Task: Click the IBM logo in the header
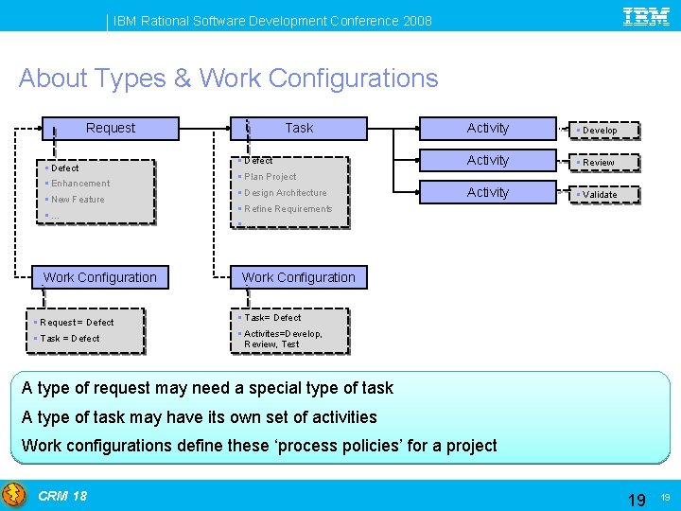coord(646,16)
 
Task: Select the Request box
coord(110,128)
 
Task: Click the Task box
coord(299,128)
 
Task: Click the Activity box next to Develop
coord(488,128)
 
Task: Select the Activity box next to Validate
coord(488,192)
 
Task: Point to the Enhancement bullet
coord(79,184)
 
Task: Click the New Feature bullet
coord(77,200)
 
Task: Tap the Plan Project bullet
coord(270,177)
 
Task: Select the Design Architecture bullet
coord(284,193)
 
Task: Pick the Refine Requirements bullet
coord(287,209)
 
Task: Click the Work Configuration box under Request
coord(99,277)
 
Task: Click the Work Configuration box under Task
coord(299,277)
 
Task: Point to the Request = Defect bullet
coord(76,323)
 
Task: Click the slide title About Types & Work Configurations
coord(228,78)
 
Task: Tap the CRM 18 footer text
coord(62,496)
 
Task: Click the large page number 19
coord(637,498)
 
